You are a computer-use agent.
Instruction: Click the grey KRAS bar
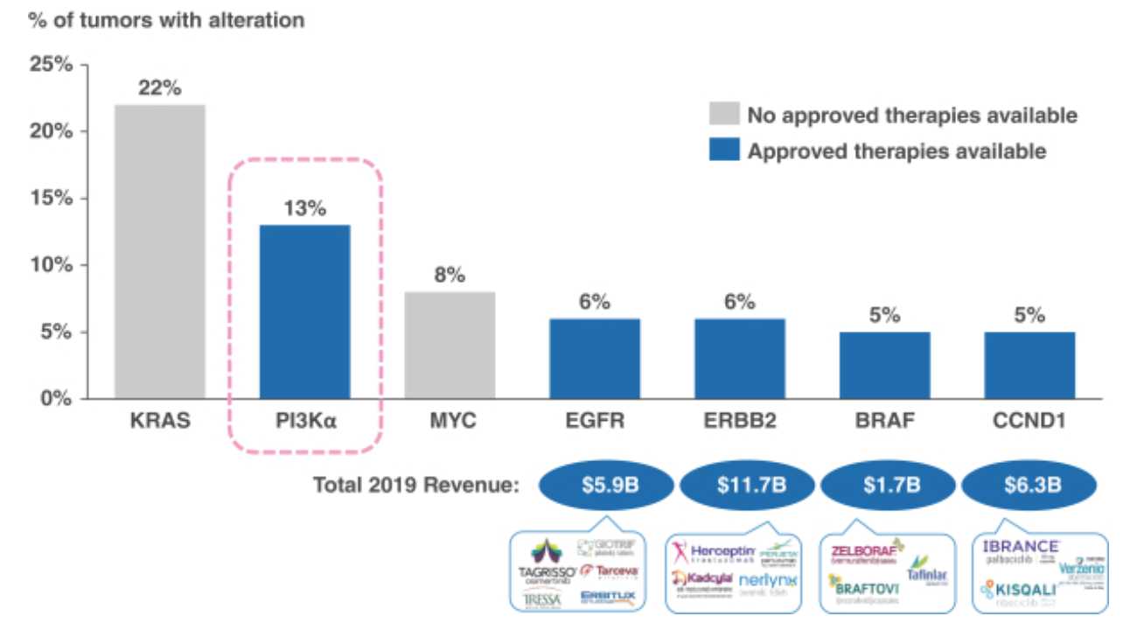pyautogui.click(x=159, y=252)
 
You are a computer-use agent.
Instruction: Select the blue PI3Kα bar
pyautogui.click(x=305, y=311)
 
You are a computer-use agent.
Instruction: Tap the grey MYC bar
pyautogui.click(x=450, y=345)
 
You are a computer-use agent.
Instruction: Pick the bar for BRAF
pyautogui.click(x=884, y=365)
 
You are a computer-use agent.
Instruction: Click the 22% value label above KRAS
pyautogui.click(x=158, y=89)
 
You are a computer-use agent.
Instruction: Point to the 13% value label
pyautogui.click(x=304, y=209)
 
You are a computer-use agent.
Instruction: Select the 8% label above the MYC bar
pyautogui.click(x=450, y=276)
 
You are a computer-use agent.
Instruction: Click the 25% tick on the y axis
pyautogui.click(x=52, y=65)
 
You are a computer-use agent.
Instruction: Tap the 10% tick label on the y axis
pyautogui.click(x=52, y=265)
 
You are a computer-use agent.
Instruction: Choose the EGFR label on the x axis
pyautogui.click(x=594, y=422)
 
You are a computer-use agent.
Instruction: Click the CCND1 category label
pyautogui.click(x=1029, y=422)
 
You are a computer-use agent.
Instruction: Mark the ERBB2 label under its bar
pyautogui.click(x=739, y=422)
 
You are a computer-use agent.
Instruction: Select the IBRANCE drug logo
pyautogui.click(x=1020, y=546)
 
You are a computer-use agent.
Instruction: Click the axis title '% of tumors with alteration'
pyautogui.click(x=167, y=20)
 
